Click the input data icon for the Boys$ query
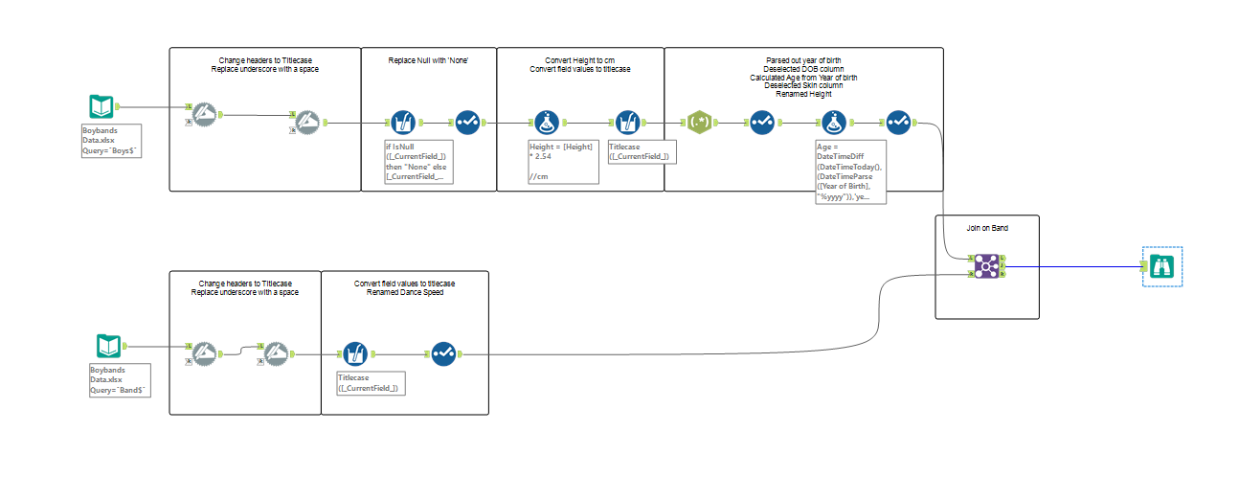click(101, 107)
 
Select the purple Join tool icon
click(987, 266)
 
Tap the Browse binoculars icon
click(1163, 266)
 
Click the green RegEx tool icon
click(700, 123)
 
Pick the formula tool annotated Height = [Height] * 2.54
click(545, 123)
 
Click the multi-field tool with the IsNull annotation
click(403, 123)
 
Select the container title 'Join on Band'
click(987, 230)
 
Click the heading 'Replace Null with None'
click(428, 61)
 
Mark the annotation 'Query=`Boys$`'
click(112, 151)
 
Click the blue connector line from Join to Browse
click(1072, 267)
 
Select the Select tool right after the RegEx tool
click(762, 123)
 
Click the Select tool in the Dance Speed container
click(442, 354)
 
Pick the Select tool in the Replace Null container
click(467, 123)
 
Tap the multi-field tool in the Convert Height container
click(624, 123)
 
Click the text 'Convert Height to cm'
click(580, 60)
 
